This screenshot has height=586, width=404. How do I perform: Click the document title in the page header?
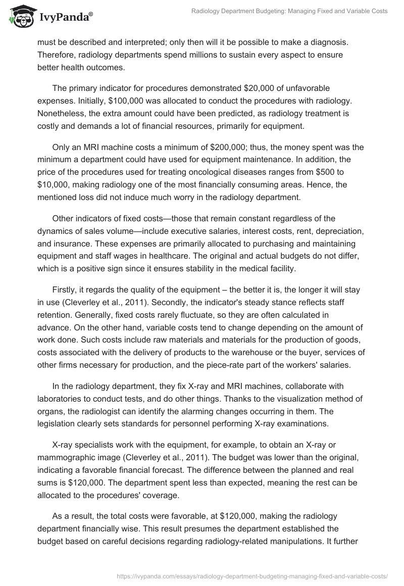tap(289, 11)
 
